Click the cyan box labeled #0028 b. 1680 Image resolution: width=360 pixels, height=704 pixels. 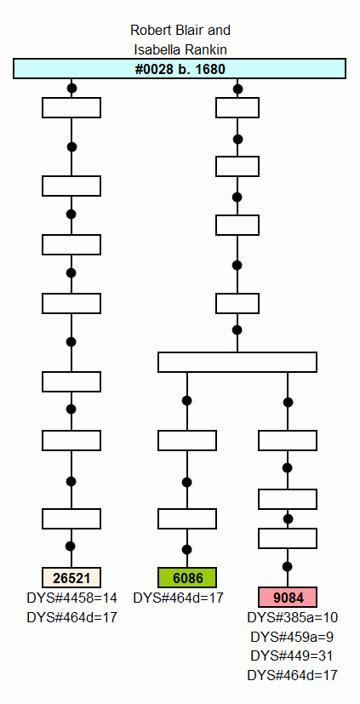pyautogui.click(x=180, y=69)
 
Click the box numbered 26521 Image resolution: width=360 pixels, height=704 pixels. pyautogui.click(x=71, y=577)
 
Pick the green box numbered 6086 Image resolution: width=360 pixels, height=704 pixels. pyautogui.click(x=187, y=577)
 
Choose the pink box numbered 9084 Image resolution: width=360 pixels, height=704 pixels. pyautogui.click(x=288, y=597)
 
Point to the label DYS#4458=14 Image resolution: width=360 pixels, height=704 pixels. pyautogui.click(x=71, y=598)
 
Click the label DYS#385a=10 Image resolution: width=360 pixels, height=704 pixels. pyautogui.click(x=292, y=618)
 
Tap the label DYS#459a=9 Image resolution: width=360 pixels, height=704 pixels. pyautogui.click(x=292, y=637)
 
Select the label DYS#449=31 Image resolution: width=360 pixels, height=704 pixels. pyautogui.click(x=292, y=656)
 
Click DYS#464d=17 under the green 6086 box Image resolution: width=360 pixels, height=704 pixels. pyautogui.click(x=178, y=598)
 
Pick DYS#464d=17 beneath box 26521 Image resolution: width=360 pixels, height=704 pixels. pyautogui.click(x=71, y=617)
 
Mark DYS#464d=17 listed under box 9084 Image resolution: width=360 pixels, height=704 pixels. pyautogui.click(x=292, y=675)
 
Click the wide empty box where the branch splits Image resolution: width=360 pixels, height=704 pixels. pyautogui.click(x=237, y=363)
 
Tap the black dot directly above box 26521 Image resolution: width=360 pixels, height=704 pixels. pyautogui.click(x=71, y=547)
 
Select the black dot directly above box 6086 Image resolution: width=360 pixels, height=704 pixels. pyautogui.click(x=187, y=550)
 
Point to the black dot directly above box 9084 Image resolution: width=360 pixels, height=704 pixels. pyautogui.click(x=288, y=566)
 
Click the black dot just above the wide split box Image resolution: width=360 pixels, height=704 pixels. pyautogui.click(x=237, y=330)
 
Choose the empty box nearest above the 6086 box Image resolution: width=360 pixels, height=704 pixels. pyautogui.click(x=187, y=518)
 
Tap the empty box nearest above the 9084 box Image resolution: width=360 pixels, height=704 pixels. pyautogui.click(x=288, y=538)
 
